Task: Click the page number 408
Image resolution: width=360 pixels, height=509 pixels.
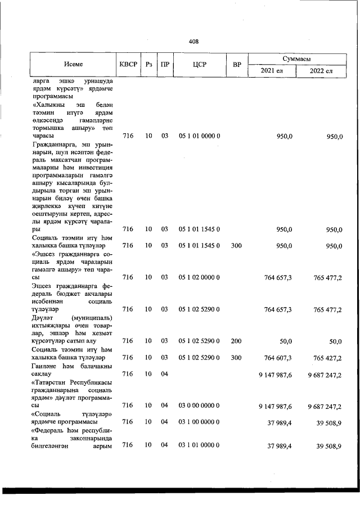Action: point(193,41)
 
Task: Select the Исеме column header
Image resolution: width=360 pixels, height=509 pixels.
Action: point(73,64)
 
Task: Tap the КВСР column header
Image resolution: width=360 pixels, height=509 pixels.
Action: point(127,64)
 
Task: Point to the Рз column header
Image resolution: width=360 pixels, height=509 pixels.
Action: point(148,64)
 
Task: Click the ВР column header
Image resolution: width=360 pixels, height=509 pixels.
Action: point(237,64)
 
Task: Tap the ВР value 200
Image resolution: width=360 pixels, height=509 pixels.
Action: point(236,340)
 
